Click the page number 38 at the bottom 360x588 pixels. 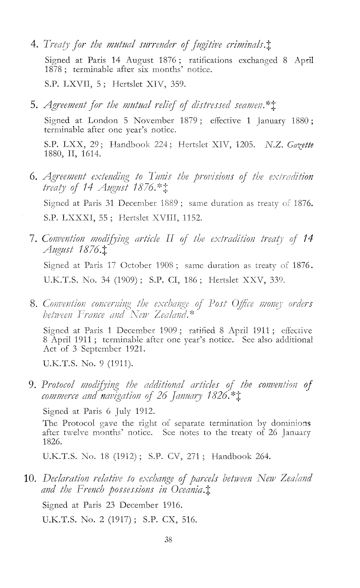(x=168, y=539)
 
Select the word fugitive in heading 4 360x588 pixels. (x=193, y=44)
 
